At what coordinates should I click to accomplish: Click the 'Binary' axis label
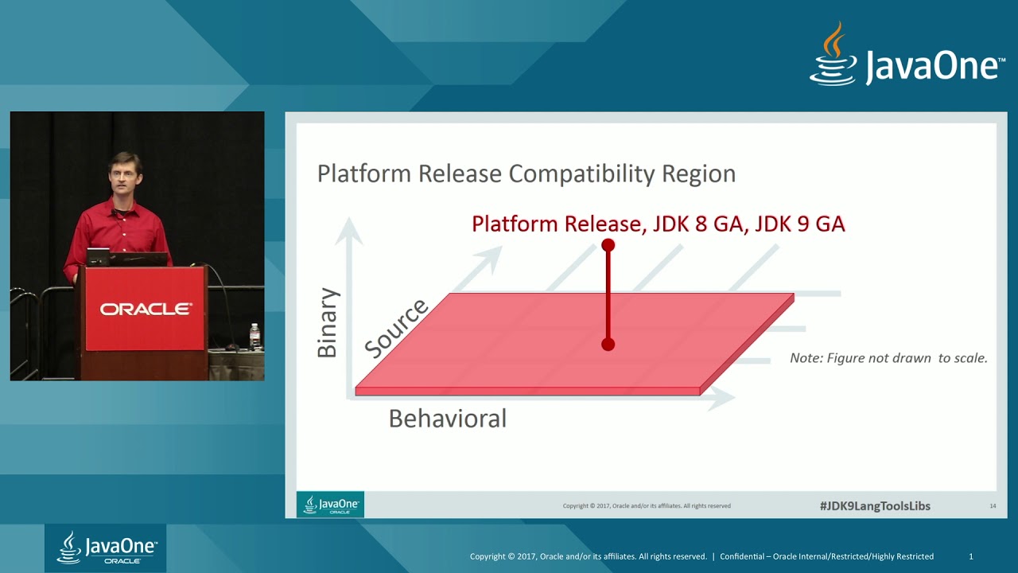[x=328, y=323]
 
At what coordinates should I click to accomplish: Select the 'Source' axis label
[x=396, y=327]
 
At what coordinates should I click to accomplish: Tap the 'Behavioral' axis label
[x=447, y=419]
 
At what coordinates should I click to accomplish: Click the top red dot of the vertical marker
[x=608, y=245]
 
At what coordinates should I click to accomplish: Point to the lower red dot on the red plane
[x=608, y=345]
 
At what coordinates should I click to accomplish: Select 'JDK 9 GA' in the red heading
[x=799, y=224]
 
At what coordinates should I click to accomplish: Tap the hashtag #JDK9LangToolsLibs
[x=875, y=506]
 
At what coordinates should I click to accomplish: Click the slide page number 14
[x=993, y=506]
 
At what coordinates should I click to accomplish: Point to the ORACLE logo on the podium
[x=146, y=309]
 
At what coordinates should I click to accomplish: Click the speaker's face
[x=125, y=176]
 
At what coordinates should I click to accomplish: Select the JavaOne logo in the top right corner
[x=907, y=56]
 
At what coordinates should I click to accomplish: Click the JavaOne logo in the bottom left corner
[x=106, y=548]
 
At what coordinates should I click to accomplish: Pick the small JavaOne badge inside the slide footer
[x=330, y=505]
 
